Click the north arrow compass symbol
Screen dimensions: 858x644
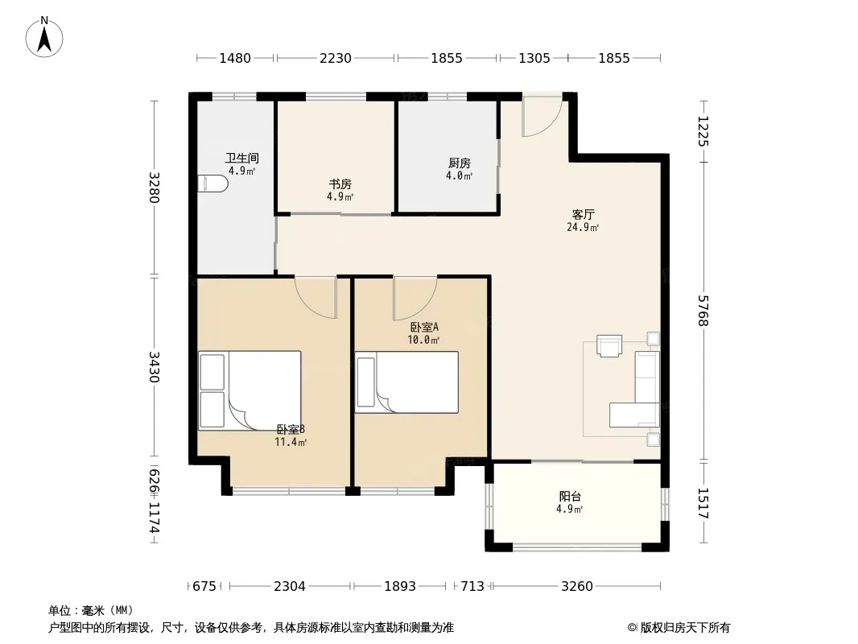[44, 37]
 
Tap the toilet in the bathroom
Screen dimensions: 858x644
[212, 184]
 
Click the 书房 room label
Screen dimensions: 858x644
[340, 184]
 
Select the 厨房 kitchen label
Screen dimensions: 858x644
[459, 163]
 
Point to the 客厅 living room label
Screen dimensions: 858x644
[583, 214]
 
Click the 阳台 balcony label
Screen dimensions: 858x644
[570, 496]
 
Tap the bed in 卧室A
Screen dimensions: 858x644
[406, 382]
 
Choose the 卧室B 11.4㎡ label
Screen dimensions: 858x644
[291, 436]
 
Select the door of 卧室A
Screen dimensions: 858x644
[415, 299]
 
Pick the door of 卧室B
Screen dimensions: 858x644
[316, 298]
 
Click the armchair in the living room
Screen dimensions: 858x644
[609, 346]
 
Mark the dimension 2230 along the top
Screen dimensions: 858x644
[336, 58]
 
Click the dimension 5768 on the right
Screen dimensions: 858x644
[703, 310]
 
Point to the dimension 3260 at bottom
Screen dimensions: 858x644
[577, 586]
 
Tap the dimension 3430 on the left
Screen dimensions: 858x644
[154, 366]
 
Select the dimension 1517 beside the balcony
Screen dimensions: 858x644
[703, 503]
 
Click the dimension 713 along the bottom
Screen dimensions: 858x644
[472, 586]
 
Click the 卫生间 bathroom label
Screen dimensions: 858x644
[241, 158]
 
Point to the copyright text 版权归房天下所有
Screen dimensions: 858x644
[685, 628]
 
